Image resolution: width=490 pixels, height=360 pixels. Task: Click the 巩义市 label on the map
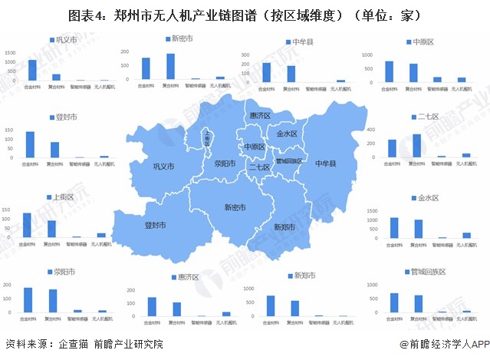[163, 167]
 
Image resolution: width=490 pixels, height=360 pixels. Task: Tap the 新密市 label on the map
[235, 206]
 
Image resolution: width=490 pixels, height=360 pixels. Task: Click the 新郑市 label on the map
[285, 227]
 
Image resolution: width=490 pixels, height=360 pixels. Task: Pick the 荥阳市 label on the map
[226, 163]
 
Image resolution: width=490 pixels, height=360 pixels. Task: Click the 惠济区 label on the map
[261, 115]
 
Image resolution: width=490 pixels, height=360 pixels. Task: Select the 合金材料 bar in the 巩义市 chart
[32, 70]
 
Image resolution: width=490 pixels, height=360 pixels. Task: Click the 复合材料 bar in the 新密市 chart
[170, 66]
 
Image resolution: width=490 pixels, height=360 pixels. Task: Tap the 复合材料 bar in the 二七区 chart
[416, 145]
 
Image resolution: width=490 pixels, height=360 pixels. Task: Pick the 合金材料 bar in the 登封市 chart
[30, 144]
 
